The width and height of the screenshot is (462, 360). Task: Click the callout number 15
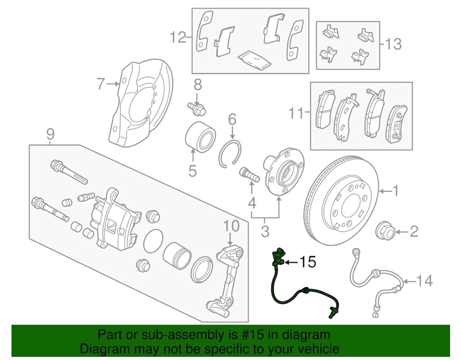[307, 263]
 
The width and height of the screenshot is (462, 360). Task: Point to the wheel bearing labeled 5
[200, 136]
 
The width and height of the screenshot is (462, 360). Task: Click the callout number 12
[177, 37]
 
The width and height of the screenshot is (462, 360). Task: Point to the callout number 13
[393, 44]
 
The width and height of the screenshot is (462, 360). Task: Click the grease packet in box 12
[252, 60]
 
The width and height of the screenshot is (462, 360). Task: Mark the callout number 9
[50, 134]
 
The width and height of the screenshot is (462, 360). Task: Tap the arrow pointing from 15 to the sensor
[290, 263]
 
